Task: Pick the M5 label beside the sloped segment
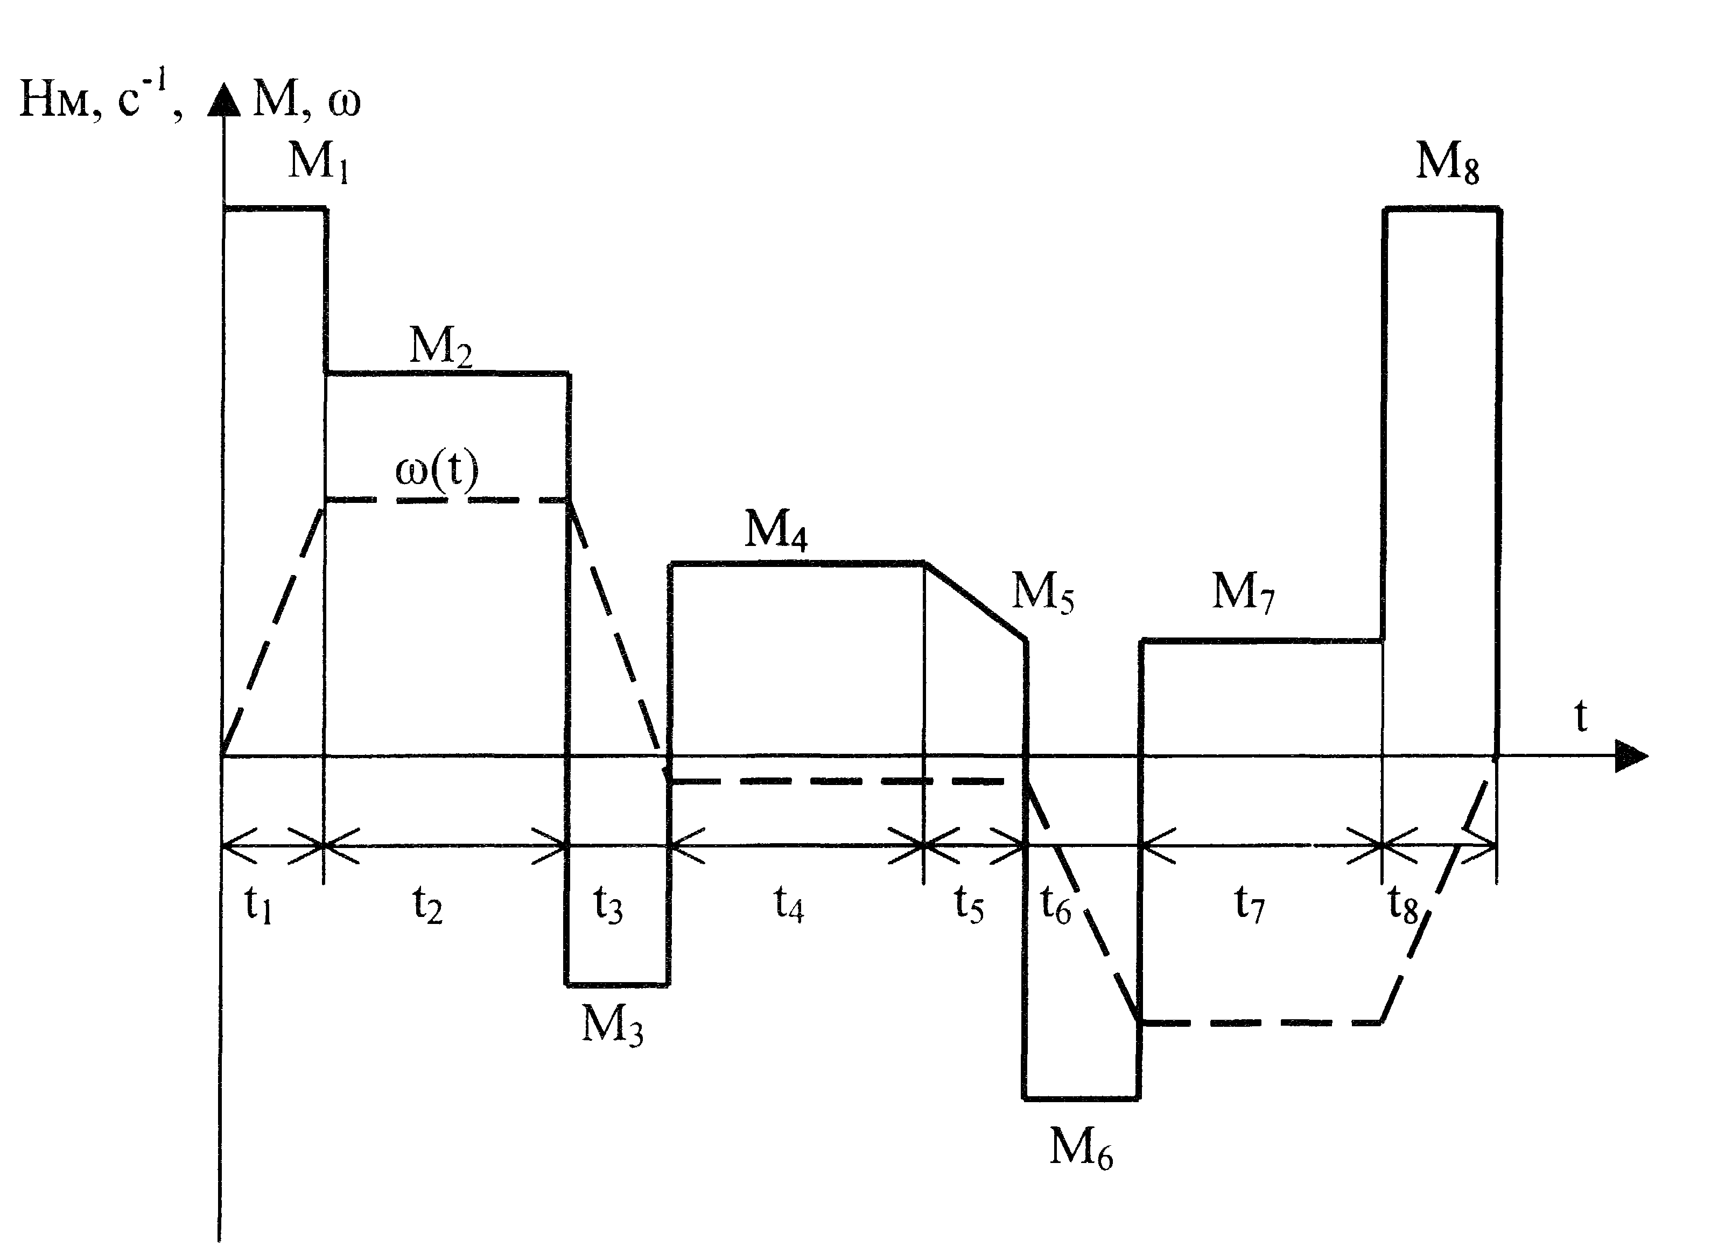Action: point(1043,591)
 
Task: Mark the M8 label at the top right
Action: point(1448,162)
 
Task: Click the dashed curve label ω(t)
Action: point(437,471)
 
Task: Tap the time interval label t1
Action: point(258,904)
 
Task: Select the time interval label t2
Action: point(427,904)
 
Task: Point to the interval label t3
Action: point(608,904)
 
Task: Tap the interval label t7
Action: point(1250,904)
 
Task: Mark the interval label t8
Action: point(1403,904)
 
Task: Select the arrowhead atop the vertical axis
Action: point(224,100)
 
